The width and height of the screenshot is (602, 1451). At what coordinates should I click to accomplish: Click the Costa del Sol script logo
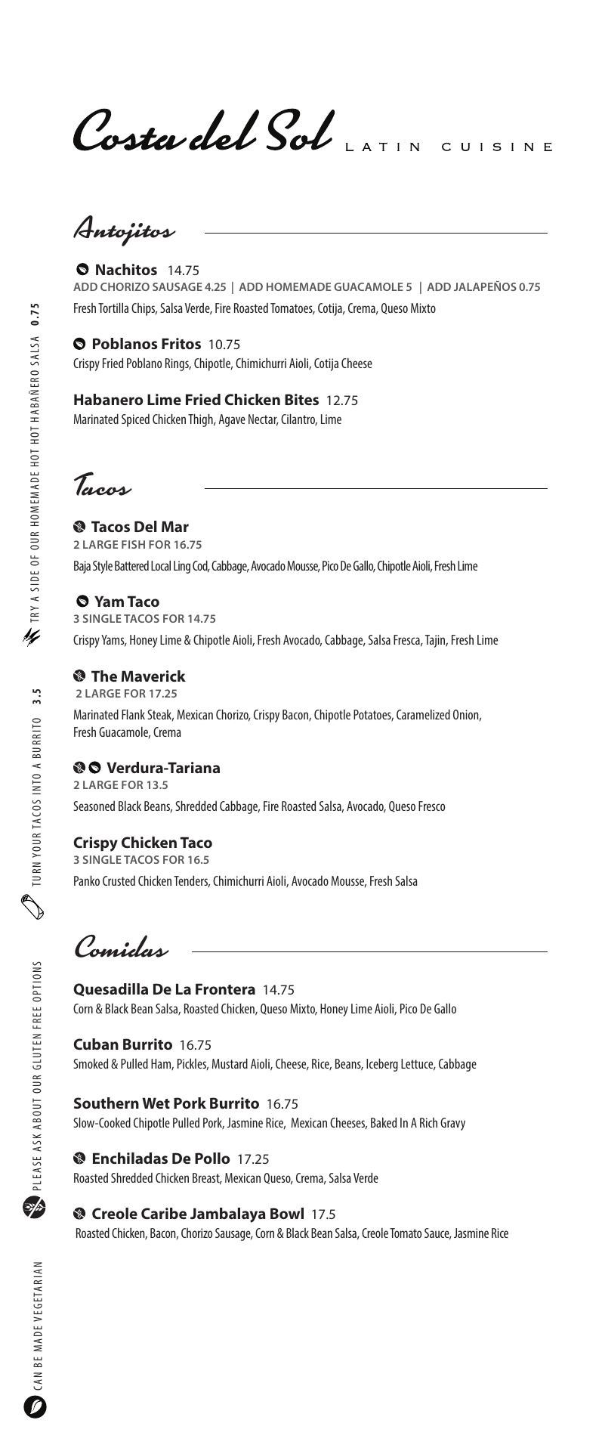tap(202, 131)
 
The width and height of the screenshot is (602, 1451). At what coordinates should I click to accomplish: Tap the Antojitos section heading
tap(124, 229)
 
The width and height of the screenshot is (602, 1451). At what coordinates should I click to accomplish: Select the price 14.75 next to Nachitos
tap(183, 271)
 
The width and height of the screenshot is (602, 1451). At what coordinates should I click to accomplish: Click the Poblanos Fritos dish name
tap(146, 344)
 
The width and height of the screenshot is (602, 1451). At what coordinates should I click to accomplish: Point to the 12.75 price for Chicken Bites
tap(341, 401)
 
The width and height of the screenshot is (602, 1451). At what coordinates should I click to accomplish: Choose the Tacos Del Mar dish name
tap(140, 527)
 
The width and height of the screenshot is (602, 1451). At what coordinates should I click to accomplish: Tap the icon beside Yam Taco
tap(82, 602)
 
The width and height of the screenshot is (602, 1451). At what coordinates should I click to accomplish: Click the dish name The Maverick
tap(137, 676)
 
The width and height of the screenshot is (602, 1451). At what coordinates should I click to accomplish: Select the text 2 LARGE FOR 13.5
tap(110, 785)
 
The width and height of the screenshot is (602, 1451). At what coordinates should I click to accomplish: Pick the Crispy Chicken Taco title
tap(143, 843)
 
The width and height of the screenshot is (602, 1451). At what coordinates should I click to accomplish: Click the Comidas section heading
tap(121, 948)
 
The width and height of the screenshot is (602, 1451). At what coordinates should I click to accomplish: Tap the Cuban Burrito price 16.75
tap(195, 1045)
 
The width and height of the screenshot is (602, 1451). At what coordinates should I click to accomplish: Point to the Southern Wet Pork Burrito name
tap(166, 1103)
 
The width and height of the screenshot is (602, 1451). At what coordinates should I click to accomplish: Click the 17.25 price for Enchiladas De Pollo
tap(253, 1159)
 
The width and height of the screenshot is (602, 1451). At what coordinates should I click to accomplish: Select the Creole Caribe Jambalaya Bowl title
tap(198, 1214)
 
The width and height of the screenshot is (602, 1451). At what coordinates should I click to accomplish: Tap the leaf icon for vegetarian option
tap(35, 1407)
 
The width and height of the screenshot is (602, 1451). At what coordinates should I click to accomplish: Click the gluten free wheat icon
tap(35, 1207)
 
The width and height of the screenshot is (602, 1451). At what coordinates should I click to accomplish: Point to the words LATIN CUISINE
tap(449, 147)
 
